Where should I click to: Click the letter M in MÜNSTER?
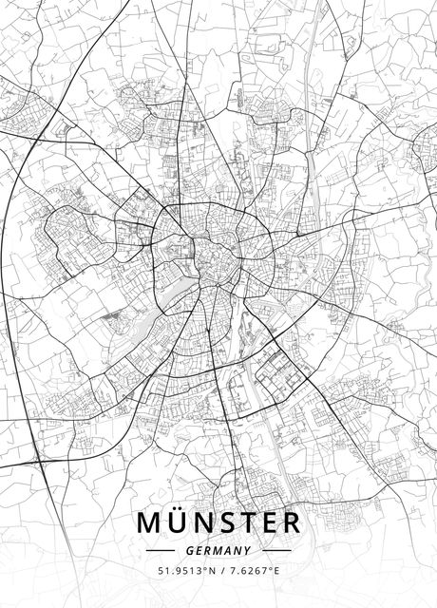tap(151, 523)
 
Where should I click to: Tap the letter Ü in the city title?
tap(179, 523)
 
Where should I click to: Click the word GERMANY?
tap(218, 550)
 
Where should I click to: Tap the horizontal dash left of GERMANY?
tap(161, 550)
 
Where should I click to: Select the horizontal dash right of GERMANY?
tap(275, 550)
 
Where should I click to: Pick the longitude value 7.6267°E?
tap(252, 571)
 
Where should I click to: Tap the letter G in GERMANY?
tap(191, 550)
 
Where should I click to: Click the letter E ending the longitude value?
tap(276, 571)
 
